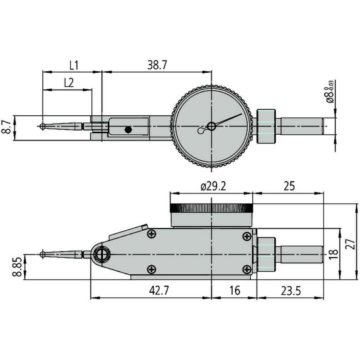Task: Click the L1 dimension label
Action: pos(74,65)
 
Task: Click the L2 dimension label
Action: pos(69,83)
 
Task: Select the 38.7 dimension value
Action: pos(157,65)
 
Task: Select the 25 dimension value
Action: pos(289,186)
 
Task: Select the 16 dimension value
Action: pos(234,291)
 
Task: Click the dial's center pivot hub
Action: pos(211,127)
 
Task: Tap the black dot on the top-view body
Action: pos(128,130)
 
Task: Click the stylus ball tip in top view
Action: pos(42,126)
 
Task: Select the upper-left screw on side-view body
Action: pos(151,233)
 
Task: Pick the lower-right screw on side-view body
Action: pos(247,269)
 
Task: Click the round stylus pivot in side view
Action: pos(102,254)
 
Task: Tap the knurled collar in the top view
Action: pos(266,126)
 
